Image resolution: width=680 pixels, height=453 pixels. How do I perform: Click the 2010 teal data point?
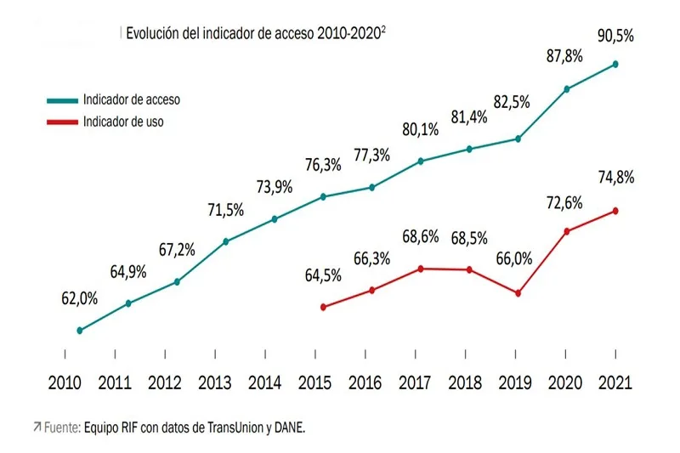click(x=79, y=331)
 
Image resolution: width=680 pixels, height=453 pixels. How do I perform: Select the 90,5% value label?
click(x=615, y=37)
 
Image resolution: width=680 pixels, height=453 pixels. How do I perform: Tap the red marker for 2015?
click(x=323, y=307)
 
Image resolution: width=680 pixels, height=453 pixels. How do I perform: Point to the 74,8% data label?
click(x=615, y=178)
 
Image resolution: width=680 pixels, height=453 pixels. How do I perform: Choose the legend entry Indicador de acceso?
click(x=132, y=99)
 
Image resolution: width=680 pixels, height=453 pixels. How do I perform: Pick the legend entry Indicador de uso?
click(x=123, y=122)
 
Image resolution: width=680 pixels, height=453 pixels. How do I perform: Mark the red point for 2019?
click(x=518, y=293)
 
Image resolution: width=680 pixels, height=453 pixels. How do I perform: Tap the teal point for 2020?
click(x=567, y=88)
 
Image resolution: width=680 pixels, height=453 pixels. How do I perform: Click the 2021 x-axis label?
click(x=614, y=382)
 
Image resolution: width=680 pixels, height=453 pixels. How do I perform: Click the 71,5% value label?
click(x=225, y=210)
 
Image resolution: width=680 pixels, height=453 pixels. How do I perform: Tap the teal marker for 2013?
click(x=226, y=241)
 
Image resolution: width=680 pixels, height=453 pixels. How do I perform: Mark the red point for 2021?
click(x=615, y=211)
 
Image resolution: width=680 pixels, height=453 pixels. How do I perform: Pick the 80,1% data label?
click(x=421, y=130)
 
